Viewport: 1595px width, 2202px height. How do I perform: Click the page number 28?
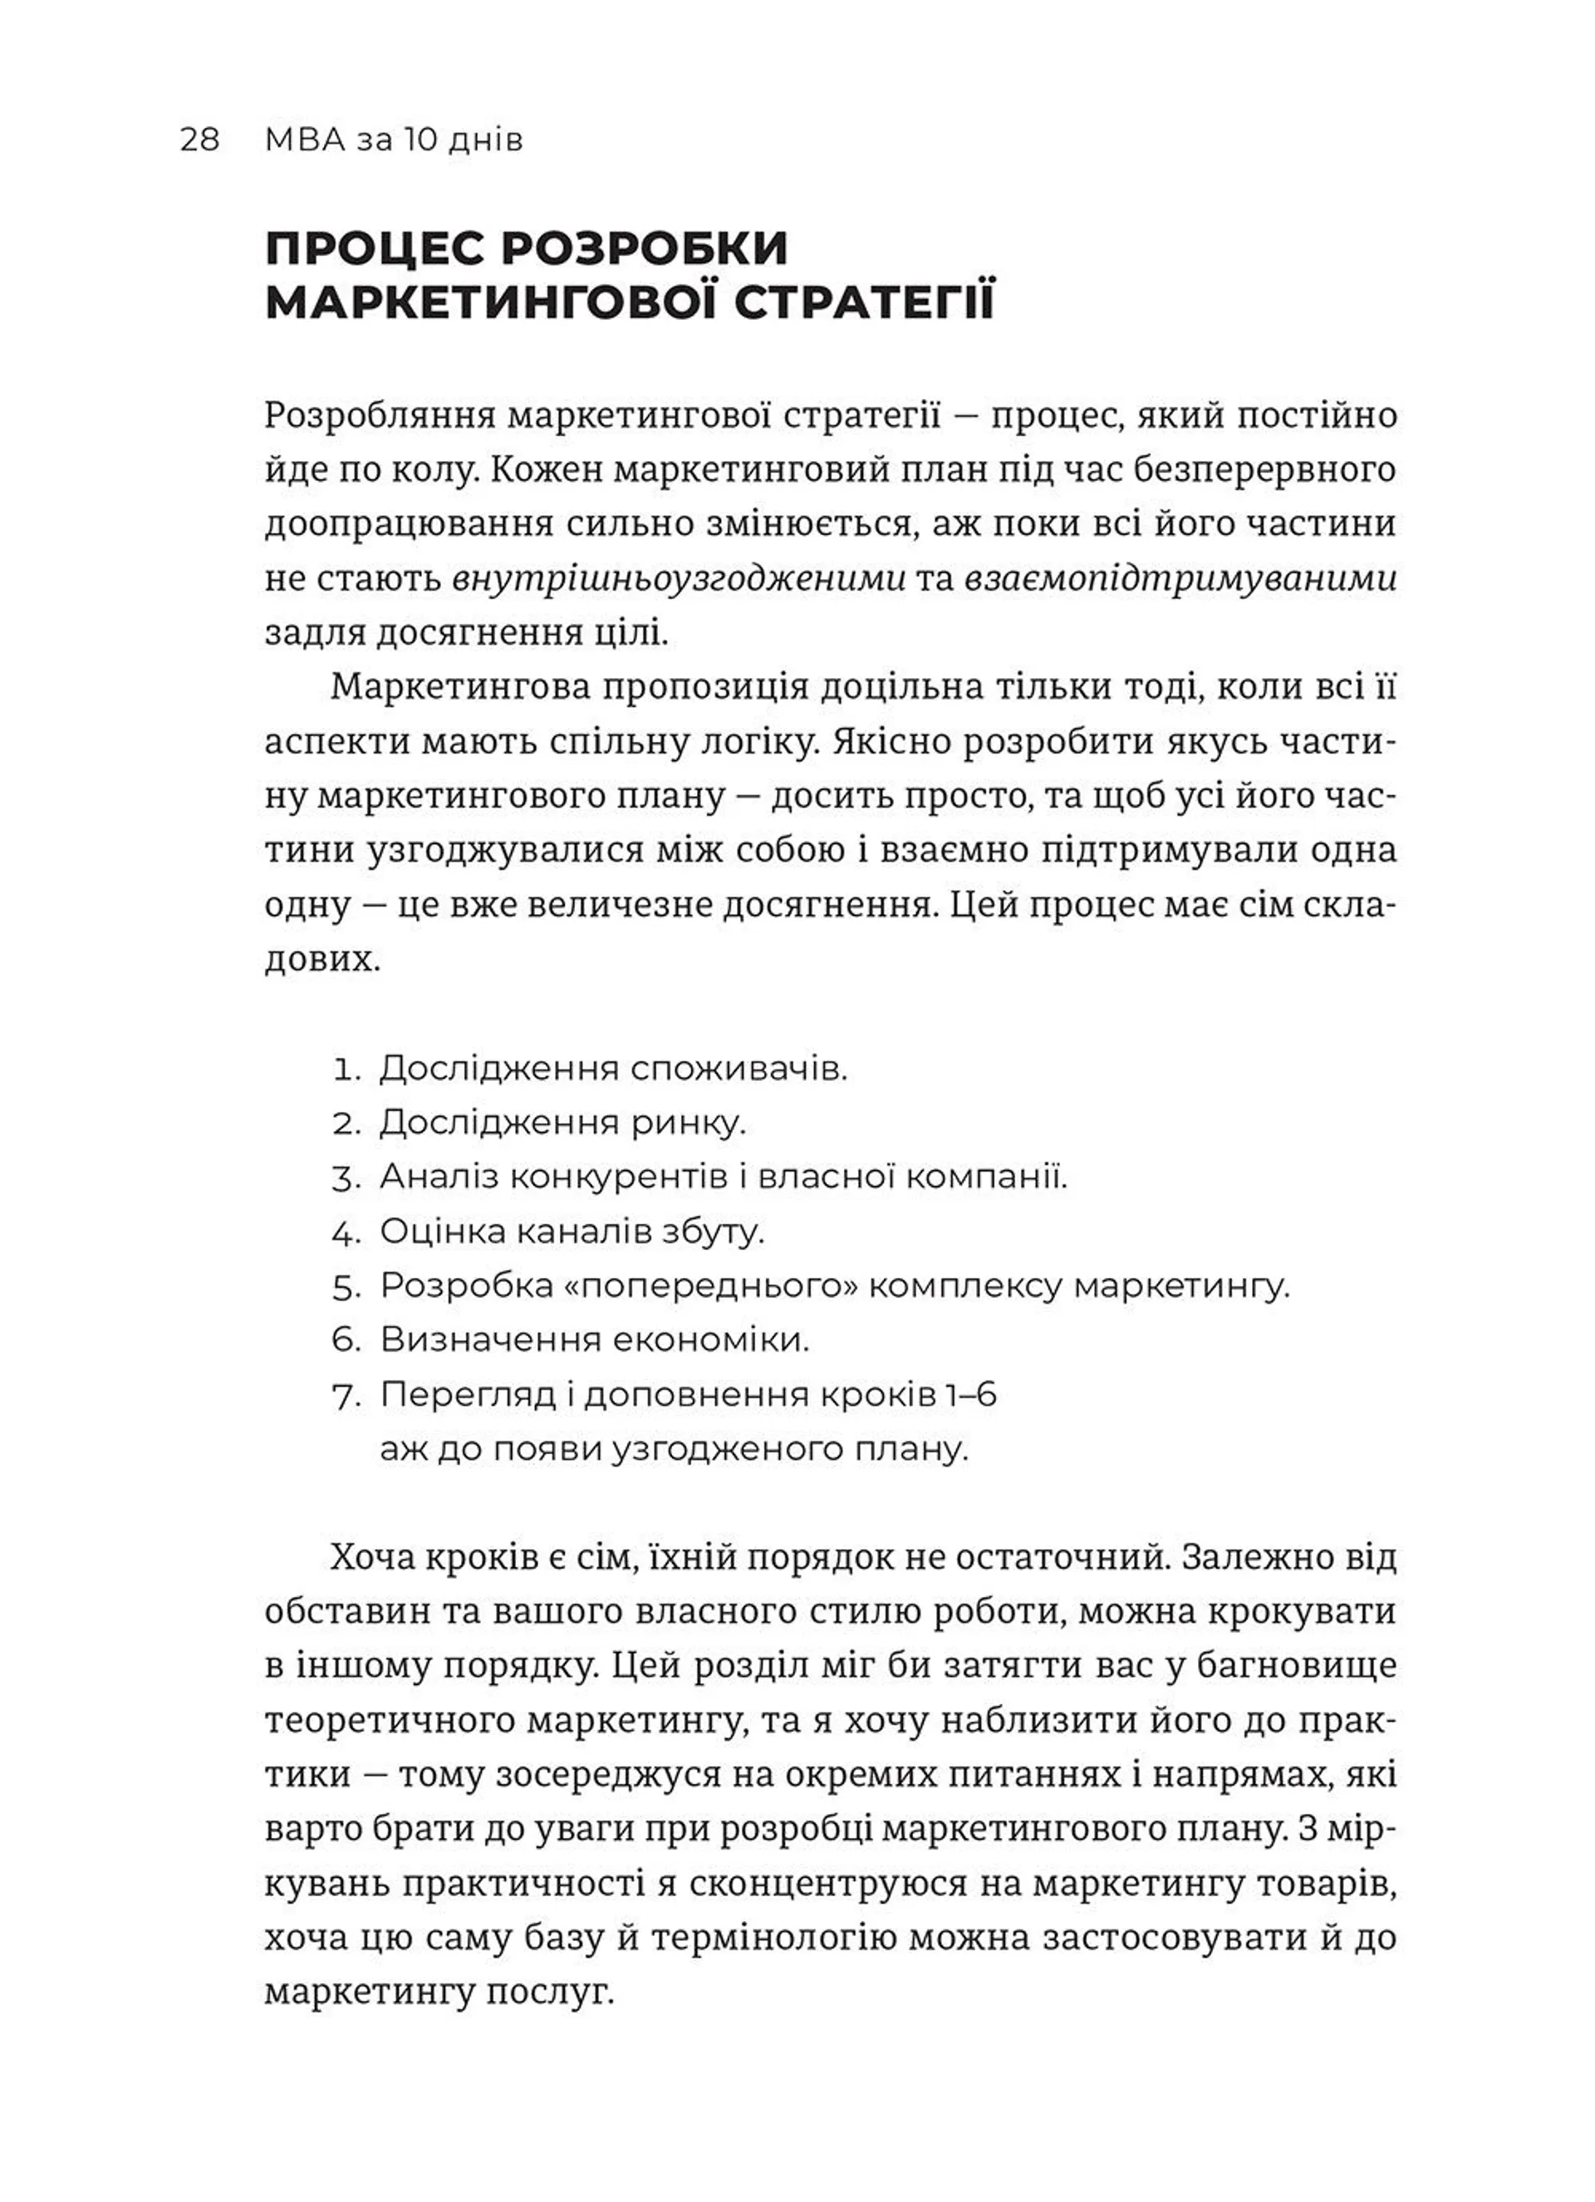(200, 140)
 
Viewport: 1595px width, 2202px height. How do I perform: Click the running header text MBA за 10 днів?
(393, 140)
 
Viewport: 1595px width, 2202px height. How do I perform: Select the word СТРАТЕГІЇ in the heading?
(864, 303)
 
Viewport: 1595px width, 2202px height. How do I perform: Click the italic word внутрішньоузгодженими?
(680, 578)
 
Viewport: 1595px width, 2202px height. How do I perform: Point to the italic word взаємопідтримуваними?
(1180, 578)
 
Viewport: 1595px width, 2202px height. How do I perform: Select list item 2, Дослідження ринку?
(562, 1123)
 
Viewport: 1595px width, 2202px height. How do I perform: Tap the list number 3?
(345, 1178)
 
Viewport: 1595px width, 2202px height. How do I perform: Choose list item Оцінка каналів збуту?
(572, 1232)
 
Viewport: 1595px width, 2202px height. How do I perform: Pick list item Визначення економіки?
(594, 1341)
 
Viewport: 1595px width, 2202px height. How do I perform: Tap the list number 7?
(345, 1396)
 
